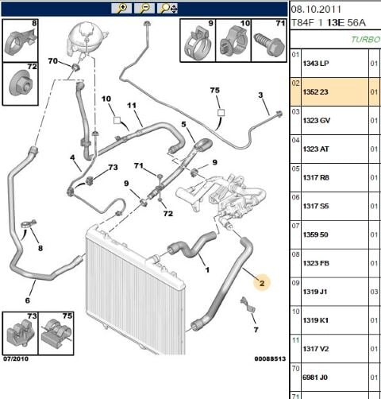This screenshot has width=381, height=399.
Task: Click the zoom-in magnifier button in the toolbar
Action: [121, 9]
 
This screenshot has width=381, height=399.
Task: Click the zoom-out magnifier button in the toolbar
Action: [144, 9]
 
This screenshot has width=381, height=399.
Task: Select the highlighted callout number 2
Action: [262, 283]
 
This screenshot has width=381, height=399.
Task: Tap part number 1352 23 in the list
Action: [315, 92]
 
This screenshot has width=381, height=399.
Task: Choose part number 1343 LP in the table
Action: [316, 64]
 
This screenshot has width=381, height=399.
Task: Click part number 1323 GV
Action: [317, 121]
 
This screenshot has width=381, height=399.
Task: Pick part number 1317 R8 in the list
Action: [316, 177]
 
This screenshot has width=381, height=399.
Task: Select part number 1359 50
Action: [315, 234]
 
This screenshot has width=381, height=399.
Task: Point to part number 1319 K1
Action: [316, 320]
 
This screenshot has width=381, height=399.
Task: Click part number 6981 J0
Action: [315, 378]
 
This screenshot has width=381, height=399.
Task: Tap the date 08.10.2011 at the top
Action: [316, 10]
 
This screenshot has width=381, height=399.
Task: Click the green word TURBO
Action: [366, 40]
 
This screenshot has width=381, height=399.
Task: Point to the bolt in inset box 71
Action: [269, 45]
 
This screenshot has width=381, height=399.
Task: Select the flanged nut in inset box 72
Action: [21, 84]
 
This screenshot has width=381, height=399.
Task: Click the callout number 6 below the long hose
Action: [28, 300]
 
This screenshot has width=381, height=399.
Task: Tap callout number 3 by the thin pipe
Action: [260, 95]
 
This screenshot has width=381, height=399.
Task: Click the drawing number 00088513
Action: [270, 358]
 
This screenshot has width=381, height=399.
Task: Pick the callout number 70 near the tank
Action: [53, 61]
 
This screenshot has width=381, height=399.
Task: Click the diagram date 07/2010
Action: [16, 358]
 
